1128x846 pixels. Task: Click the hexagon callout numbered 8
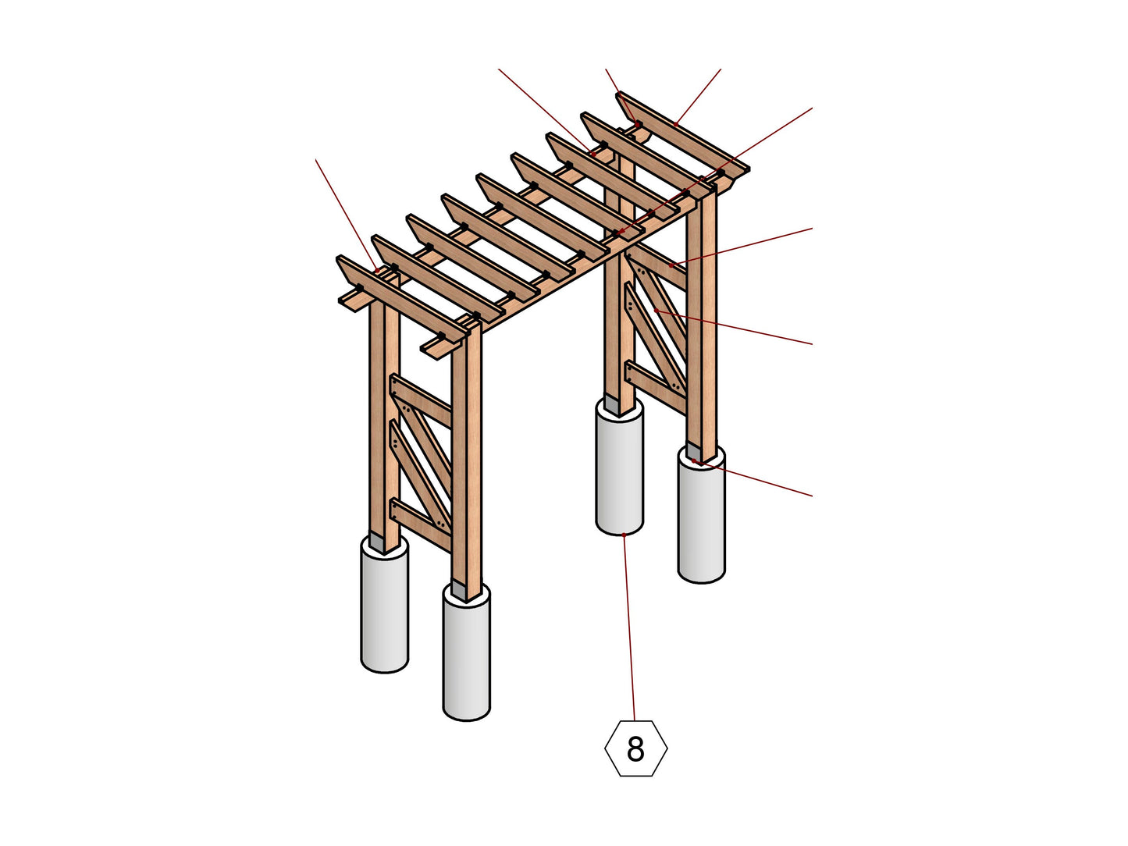[x=635, y=748]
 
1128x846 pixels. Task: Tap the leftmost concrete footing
[x=384, y=609]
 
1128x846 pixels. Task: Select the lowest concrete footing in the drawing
[x=466, y=656]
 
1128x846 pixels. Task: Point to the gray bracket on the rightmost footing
[x=693, y=453]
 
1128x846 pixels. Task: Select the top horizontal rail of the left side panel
[x=422, y=400]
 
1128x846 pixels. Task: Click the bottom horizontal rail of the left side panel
[x=422, y=524]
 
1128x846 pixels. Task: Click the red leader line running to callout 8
[x=630, y=624]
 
